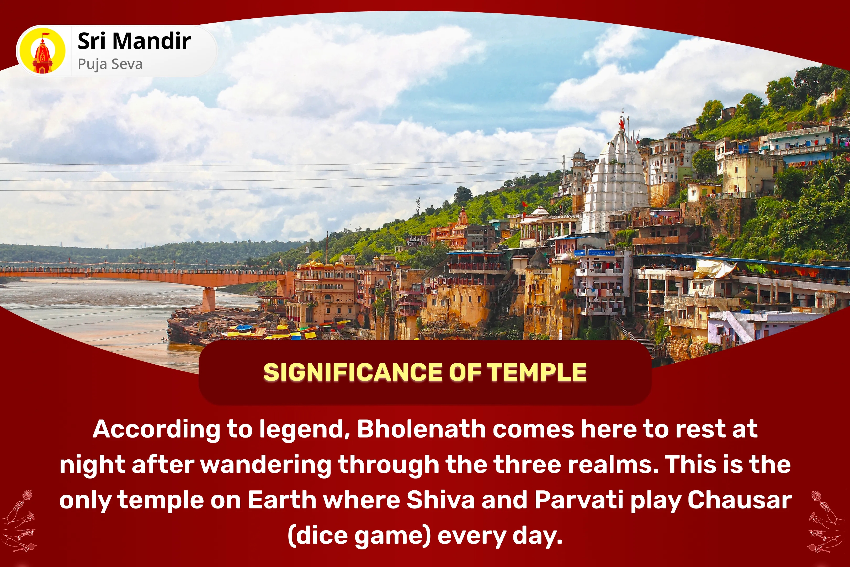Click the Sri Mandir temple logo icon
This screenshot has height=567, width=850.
coord(43,51)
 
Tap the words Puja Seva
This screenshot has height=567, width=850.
coord(110,64)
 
